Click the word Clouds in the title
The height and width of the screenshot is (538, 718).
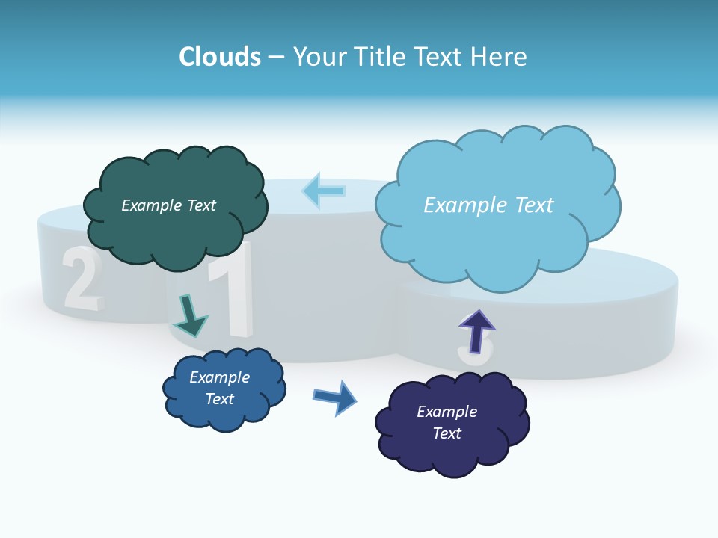tap(220, 56)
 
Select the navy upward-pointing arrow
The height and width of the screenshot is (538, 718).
tap(477, 331)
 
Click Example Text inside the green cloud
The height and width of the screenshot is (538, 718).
tap(168, 205)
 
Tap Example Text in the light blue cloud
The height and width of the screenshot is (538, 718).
tap(488, 205)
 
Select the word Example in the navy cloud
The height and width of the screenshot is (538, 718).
tap(447, 412)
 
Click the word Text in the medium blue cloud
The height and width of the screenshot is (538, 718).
tap(220, 399)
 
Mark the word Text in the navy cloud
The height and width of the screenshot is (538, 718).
tap(447, 433)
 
